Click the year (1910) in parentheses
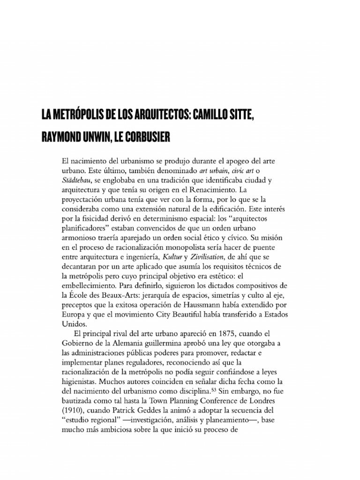pos(74,409)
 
